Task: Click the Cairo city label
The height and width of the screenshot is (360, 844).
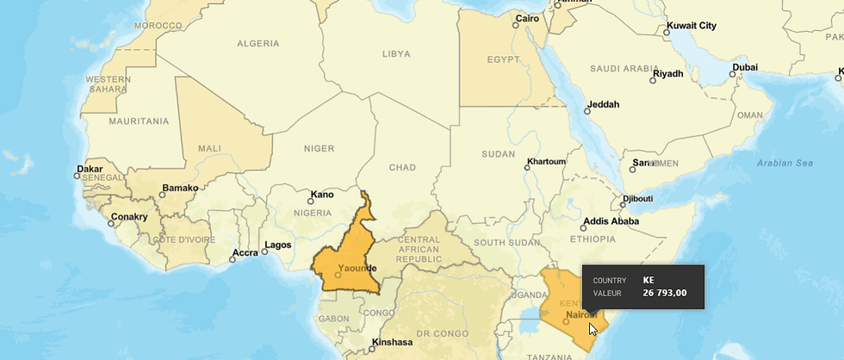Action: click(527, 18)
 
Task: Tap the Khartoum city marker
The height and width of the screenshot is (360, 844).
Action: click(527, 167)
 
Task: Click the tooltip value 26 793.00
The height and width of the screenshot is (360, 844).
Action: click(664, 293)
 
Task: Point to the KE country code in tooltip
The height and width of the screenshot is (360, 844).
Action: click(649, 280)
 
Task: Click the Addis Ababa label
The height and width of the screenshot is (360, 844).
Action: click(611, 221)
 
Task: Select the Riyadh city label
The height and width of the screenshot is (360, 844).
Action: click(667, 73)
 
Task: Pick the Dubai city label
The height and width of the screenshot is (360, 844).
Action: click(745, 67)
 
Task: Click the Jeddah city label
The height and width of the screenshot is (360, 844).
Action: click(603, 105)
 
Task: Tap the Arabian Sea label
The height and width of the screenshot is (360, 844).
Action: click(785, 163)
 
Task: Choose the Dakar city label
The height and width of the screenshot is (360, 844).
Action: click(90, 169)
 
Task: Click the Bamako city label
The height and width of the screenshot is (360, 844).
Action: click(181, 188)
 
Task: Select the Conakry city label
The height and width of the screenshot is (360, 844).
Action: click(130, 217)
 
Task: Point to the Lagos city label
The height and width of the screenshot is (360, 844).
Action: click(277, 245)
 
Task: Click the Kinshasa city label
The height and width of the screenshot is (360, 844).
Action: click(392, 342)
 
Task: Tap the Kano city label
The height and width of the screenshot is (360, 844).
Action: click(322, 195)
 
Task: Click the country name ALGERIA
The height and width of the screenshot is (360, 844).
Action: click(258, 43)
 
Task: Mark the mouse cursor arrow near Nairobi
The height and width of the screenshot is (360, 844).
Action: click(593, 328)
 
